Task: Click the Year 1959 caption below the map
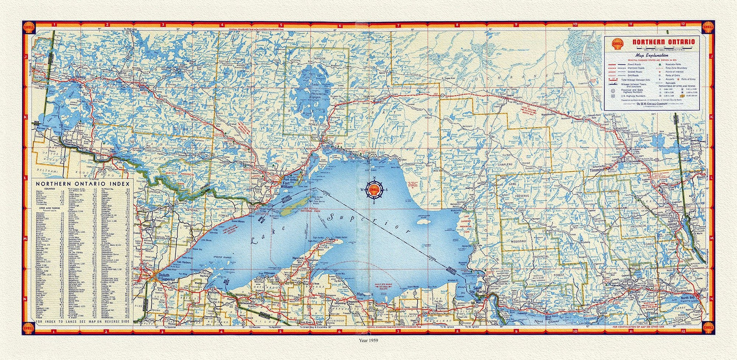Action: [368, 340]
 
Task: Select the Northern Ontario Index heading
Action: [83, 184]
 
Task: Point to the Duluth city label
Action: [164, 275]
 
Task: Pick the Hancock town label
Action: [298, 258]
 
